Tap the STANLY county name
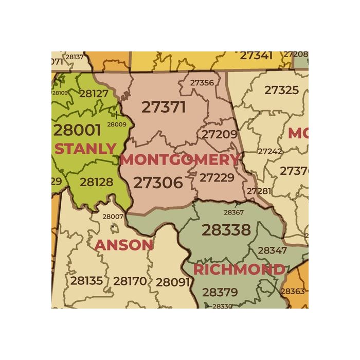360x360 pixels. tap(85, 149)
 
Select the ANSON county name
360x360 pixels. tap(124, 245)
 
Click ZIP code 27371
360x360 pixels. tap(164, 107)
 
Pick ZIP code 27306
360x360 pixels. tap(158, 183)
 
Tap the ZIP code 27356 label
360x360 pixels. tap(202, 82)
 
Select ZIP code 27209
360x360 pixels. tap(219, 135)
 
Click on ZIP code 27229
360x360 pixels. tap(217, 177)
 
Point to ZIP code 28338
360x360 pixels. tap(226, 230)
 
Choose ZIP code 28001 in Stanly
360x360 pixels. tap(77, 129)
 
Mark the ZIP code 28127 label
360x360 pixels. tap(94, 94)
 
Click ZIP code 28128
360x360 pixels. tap(96, 182)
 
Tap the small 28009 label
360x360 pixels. tap(116, 124)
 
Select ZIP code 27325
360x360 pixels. tap(281, 90)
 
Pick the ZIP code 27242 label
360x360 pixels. tap(269, 151)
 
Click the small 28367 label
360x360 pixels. tap(233, 212)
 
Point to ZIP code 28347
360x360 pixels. tap(272, 250)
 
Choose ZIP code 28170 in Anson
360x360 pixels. tap(130, 281)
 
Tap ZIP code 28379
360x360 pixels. tap(220, 293)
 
